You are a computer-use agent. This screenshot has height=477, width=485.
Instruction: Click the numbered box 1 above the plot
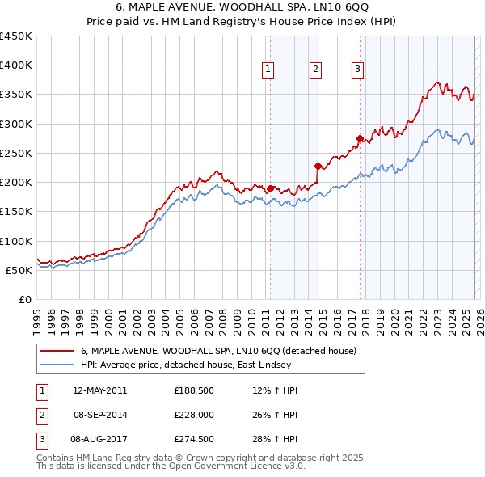click(268, 70)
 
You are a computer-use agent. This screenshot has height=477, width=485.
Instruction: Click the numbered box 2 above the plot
click(314, 70)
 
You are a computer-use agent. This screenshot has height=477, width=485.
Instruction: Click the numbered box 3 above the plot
click(356, 70)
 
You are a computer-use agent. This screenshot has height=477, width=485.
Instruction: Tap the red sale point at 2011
click(270, 189)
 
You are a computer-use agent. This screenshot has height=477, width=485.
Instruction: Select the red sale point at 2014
click(318, 166)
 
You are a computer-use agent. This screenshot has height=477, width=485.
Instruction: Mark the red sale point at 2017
click(360, 138)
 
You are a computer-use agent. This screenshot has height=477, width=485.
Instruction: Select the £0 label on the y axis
click(24, 299)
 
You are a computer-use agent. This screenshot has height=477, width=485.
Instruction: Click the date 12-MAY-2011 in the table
click(99, 390)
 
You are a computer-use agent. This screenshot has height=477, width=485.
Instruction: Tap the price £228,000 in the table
click(193, 416)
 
